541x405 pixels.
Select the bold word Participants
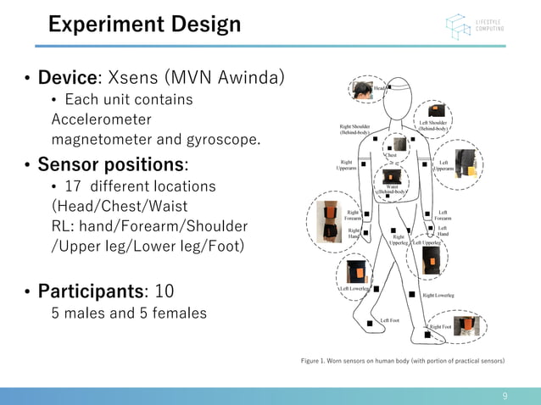click(93, 291)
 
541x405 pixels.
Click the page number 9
click(505, 396)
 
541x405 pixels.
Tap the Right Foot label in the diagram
click(440, 326)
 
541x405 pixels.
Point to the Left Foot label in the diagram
click(389, 320)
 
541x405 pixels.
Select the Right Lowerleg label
click(438, 296)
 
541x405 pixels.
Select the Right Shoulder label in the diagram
click(354, 130)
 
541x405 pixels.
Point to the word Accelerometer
click(102, 119)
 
